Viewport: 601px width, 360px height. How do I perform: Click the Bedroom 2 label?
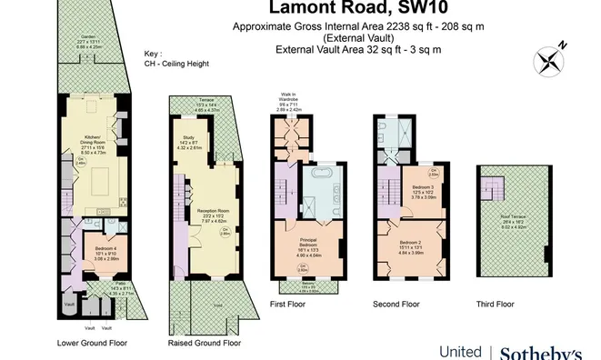pyautogui.click(x=413, y=244)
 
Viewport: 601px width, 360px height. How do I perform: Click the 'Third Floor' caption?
pyautogui.click(x=496, y=304)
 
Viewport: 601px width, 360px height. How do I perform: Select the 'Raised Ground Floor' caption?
pyautogui.click(x=205, y=344)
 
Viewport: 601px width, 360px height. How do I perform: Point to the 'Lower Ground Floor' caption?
pyautogui.click(x=92, y=344)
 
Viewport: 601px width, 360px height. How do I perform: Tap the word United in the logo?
pyautogui.click(x=461, y=351)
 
